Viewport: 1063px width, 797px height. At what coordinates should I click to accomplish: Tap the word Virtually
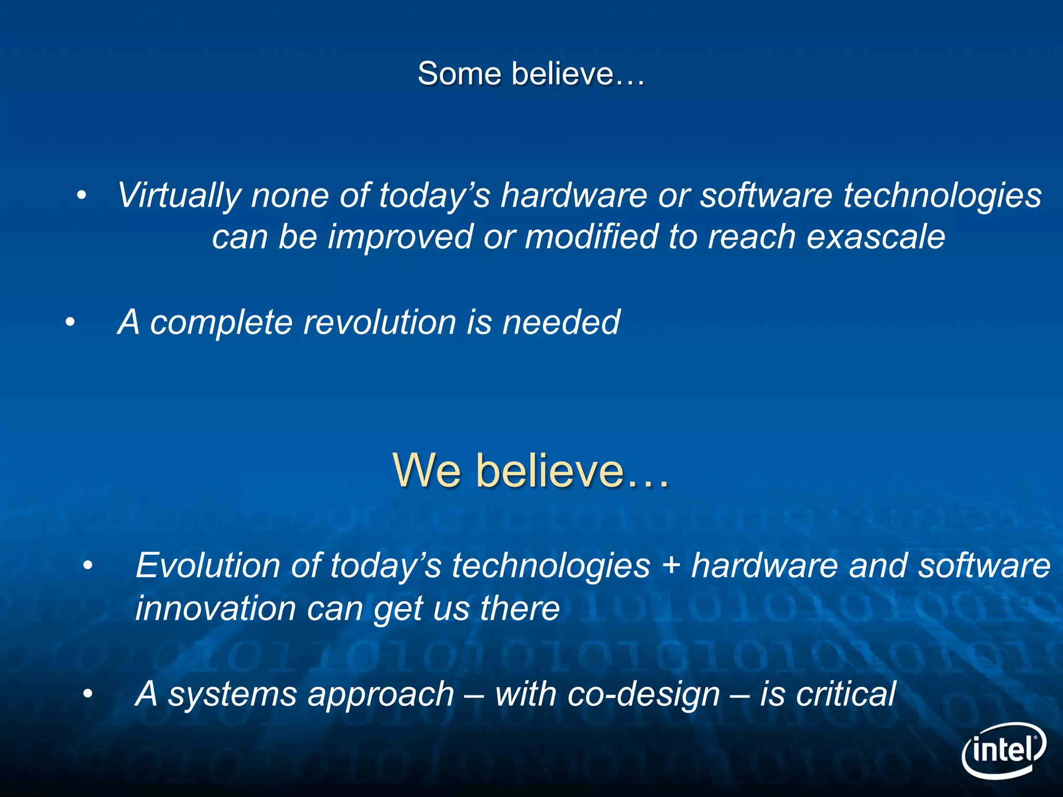(179, 196)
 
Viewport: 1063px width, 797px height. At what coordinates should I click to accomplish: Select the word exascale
(876, 237)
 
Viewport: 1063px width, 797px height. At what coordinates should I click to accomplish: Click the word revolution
(379, 322)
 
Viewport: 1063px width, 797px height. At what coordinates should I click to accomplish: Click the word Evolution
(207, 565)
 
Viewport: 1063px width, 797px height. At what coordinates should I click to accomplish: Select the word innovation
(215, 608)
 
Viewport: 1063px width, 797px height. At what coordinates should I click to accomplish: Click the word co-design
(644, 694)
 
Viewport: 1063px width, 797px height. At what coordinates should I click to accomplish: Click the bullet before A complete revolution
(70, 323)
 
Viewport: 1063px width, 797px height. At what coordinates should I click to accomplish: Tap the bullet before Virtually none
(81, 196)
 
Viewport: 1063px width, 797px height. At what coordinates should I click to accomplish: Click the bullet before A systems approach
(88, 694)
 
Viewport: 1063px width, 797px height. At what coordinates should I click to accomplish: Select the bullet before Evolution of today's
(88, 566)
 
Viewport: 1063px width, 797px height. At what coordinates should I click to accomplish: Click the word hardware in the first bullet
(574, 196)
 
